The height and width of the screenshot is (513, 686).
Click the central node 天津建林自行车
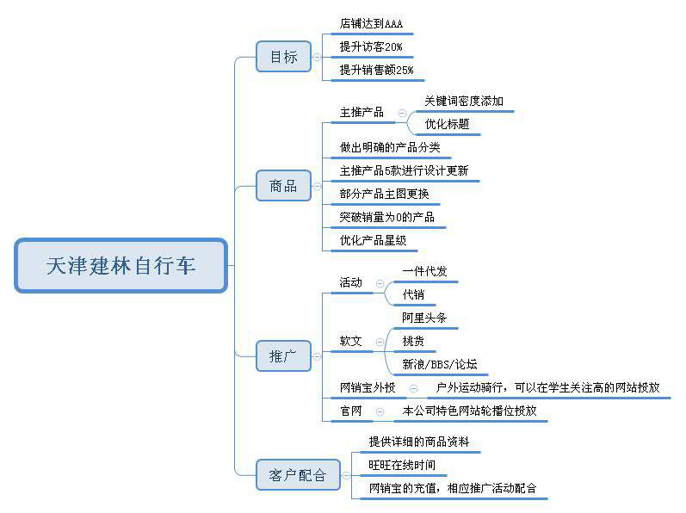pyautogui.click(x=121, y=265)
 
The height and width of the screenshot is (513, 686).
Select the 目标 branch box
pyautogui.click(x=283, y=57)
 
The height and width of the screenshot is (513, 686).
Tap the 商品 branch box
pyautogui.click(x=283, y=186)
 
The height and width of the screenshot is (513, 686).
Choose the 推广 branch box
pyautogui.click(x=283, y=356)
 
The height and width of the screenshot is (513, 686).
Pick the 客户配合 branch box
pyautogui.click(x=298, y=475)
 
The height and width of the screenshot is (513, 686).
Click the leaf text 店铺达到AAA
pyautogui.click(x=371, y=23)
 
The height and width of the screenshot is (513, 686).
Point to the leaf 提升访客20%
pyautogui.click(x=371, y=46)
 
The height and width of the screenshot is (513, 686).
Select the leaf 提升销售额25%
pyautogui.click(x=377, y=70)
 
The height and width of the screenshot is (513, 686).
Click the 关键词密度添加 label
pyautogui.click(x=464, y=101)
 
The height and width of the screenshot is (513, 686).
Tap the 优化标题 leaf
pyautogui.click(x=447, y=124)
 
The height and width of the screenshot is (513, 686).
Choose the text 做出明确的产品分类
pyautogui.click(x=390, y=147)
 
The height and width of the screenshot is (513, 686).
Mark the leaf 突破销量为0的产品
pyautogui.click(x=387, y=217)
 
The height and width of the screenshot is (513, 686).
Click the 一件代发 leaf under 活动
pyautogui.click(x=425, y=271)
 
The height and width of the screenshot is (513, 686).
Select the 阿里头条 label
pyautogui.click(x=424, y=318)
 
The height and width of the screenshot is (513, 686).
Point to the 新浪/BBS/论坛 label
pyautogui.click(x=440, y=364)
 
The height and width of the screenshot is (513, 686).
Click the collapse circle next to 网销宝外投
pyautogui.click(x=413, y=388)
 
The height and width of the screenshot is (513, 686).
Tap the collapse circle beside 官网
pyautogui.click(x=380, y=411)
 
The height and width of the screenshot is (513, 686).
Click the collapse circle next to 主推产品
pyautogui.click(x=403, y=114)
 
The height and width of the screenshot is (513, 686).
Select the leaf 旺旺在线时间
pyautogui.click(x=402, y=465)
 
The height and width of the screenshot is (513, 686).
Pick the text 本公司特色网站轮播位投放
pyautogui.click(x=469, y=411)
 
